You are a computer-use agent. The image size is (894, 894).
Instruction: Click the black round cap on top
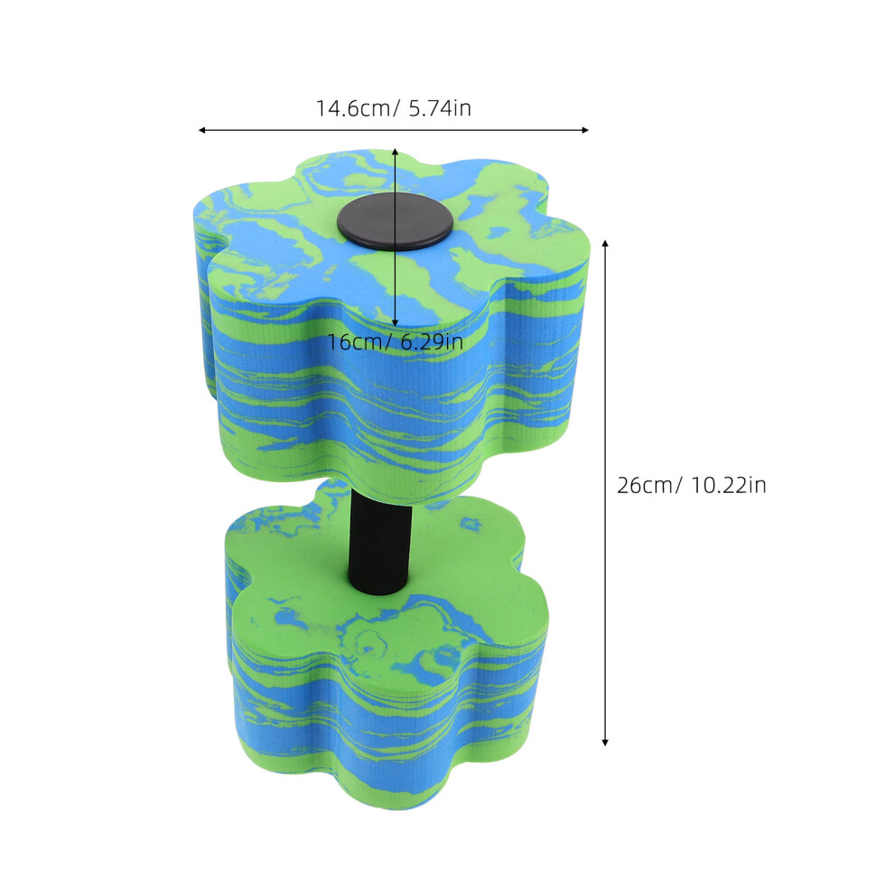[395, 221]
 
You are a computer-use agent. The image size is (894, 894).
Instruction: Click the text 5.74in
[440, 108]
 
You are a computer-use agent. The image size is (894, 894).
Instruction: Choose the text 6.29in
[432, 342]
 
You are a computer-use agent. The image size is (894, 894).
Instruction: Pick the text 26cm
[646, 485]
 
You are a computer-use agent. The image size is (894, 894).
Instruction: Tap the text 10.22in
[729, 485]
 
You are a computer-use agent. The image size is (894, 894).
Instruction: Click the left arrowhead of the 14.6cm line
[201, 131]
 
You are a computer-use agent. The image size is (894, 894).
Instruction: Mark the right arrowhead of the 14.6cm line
[585, 131]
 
